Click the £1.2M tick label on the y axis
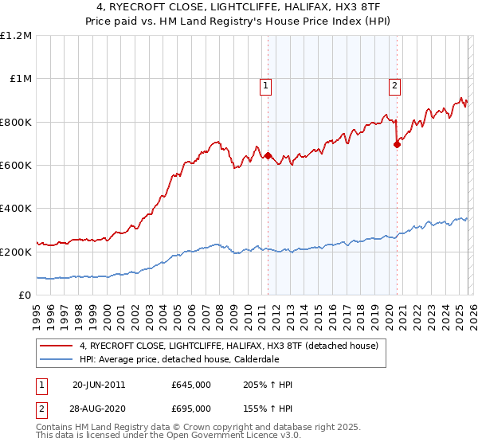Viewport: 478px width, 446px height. point(16,35)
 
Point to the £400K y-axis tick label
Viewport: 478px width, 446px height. point(16,209)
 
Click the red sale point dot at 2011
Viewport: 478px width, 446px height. point(268,156)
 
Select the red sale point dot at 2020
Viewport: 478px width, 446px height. point(397,144)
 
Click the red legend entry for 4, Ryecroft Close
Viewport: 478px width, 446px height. point(222,346)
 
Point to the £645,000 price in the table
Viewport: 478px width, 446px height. point(191,385)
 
